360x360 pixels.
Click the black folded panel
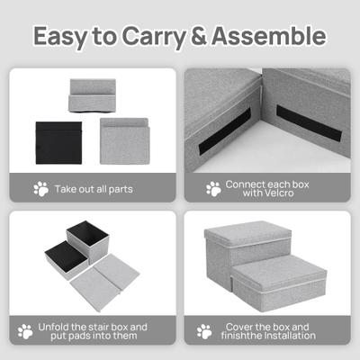point(58,143)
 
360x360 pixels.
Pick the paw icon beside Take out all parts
point(40,189)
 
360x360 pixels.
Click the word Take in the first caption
point(67,189)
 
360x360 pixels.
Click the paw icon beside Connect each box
point(213,189)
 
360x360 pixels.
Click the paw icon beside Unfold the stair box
point(25,331)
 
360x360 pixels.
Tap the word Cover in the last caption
point(240,327)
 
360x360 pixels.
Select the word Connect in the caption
point(245,184)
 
